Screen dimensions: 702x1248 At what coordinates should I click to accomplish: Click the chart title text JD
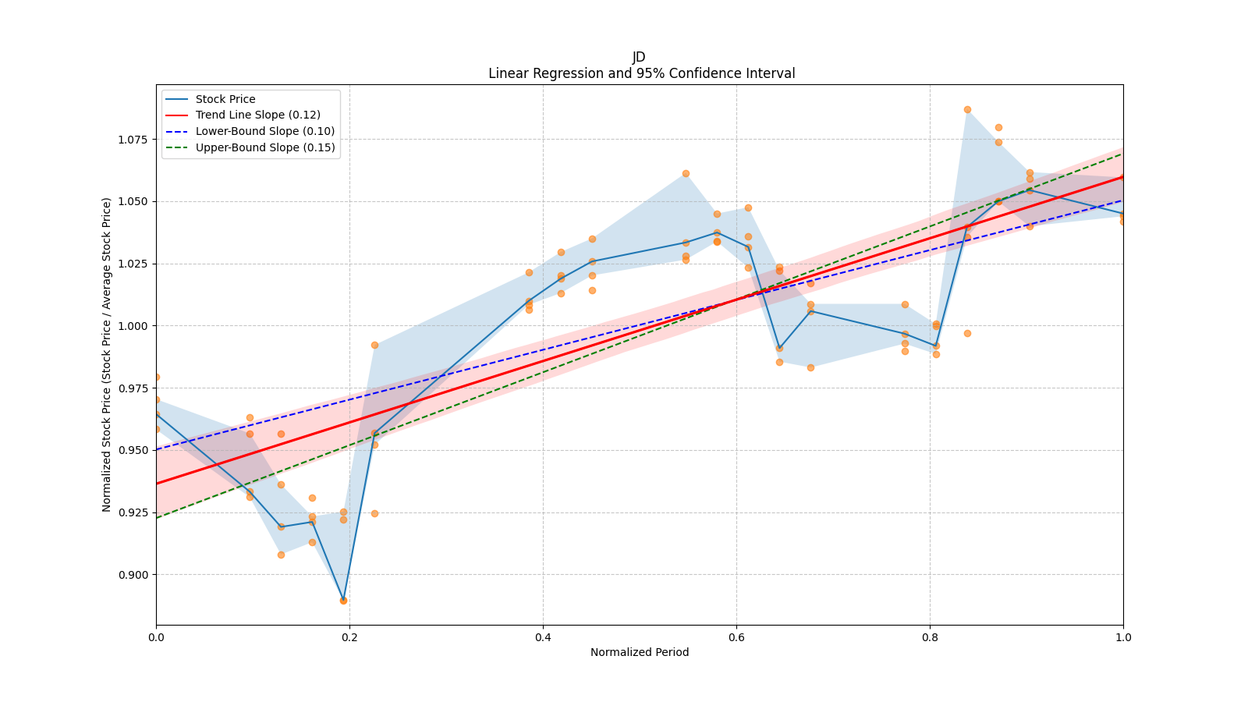pos(639,57)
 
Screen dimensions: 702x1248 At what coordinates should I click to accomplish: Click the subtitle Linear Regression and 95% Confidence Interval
pos(641,73)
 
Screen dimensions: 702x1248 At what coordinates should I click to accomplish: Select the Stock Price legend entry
pos(225,99)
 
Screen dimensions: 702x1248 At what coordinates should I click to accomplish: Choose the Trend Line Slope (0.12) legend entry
pos(257,115)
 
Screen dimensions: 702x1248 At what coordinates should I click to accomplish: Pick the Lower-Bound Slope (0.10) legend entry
pos(264,131)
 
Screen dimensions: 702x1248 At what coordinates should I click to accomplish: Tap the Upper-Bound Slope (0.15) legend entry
pos(265,147)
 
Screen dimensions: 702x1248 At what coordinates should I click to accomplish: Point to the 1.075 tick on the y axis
pos(132,140)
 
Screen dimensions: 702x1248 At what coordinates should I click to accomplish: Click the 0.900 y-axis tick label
pos(132,575)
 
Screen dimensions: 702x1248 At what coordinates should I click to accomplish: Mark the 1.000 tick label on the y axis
pos(132,326)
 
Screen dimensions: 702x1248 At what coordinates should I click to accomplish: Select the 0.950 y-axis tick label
pos(132,450)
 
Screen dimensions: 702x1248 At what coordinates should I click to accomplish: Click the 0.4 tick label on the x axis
pos(543,637)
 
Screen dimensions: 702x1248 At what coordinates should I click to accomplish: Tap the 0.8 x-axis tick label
pos(930,637)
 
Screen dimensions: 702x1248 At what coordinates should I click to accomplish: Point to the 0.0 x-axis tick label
pos(156,637)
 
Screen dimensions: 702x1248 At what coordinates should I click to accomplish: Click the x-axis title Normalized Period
pos(640,652)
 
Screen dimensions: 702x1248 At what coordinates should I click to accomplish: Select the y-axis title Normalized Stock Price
pos(106,354)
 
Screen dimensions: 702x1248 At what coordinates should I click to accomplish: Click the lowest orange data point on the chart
pos(343,601)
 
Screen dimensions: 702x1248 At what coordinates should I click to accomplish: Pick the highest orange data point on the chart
pos(967,109)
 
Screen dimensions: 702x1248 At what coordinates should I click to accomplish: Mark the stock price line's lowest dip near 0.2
pos(343,600)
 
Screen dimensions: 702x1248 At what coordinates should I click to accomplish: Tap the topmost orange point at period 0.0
pos(156,377)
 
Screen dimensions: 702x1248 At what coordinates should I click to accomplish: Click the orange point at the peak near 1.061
pos(686,173)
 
